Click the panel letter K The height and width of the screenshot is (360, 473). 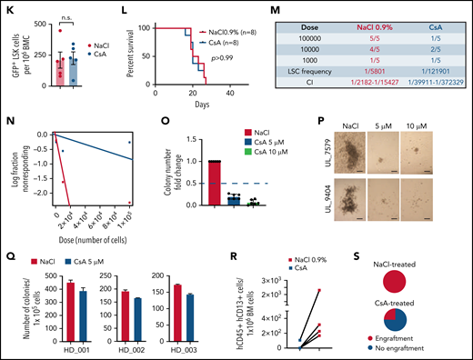5,6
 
